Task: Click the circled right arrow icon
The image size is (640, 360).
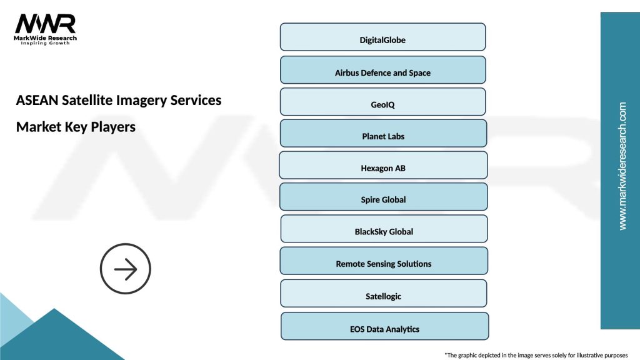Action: tap(126, 269)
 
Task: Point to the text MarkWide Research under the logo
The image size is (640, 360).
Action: tap(45, 38)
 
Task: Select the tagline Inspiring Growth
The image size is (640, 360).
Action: tap(45, 44)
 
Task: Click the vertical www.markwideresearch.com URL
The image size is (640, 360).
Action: tap(622, 166)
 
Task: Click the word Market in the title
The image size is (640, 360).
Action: tap(39, 126)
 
